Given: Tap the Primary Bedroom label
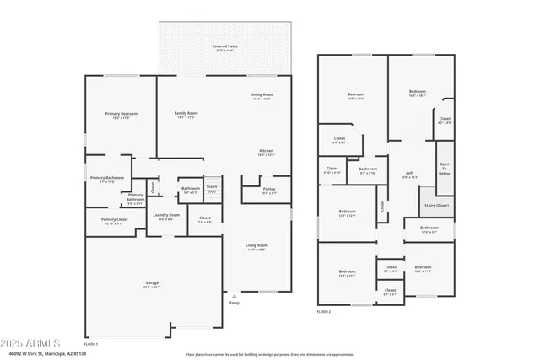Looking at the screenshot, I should (x=121, y=114).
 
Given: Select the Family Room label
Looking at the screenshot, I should (x=186, y=114).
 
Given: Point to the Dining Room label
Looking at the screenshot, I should (x=262, y=95).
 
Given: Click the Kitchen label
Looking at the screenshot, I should (x=265, y=152).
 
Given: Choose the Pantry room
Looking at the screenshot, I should (x=268, y=190).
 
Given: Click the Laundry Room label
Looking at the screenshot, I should (x=166, y=216).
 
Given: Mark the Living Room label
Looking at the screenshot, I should (x=256, y=246).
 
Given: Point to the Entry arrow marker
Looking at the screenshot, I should (x=234, y=296).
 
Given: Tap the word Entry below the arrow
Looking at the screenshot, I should (x=234, y=303).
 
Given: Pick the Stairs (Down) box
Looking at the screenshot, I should (x=436, y=204).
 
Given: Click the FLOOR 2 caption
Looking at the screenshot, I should (x=324, y=311).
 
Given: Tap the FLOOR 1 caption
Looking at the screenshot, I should (x=91, y=344).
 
